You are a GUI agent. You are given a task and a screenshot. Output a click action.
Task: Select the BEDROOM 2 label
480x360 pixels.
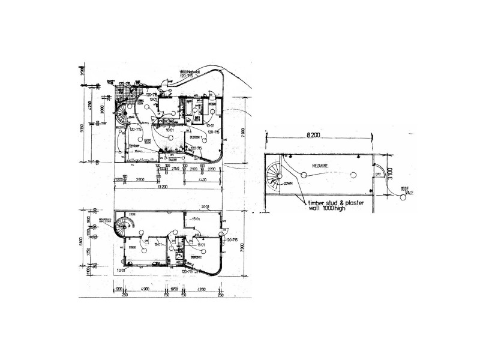click(x=193, y=256)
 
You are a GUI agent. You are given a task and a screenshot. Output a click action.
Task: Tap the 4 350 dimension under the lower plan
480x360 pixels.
click(x=202, y=290)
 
